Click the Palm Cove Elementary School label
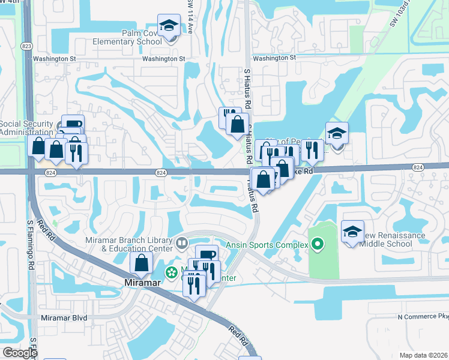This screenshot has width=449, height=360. click(127, 37)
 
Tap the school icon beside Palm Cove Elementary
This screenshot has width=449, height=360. click(169, 26)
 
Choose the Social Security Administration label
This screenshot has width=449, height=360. click(27, 128)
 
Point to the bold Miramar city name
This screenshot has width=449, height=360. click(140, 283)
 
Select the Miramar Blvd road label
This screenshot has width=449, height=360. click(64, 317)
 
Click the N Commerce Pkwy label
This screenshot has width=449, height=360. click(423, 316)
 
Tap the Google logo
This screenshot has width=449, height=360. click(19, 353)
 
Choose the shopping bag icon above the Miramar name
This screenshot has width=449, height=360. click(141, 263)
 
